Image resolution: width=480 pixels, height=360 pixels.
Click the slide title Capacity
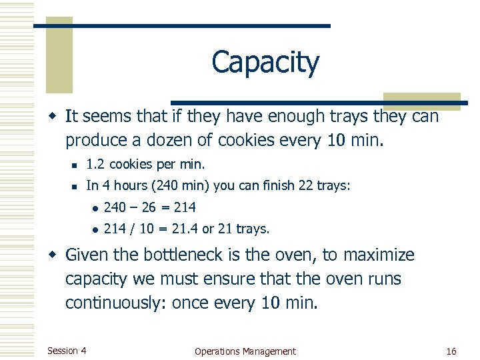(x=265, y=63)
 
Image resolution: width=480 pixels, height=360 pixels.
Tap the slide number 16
(x=451, y=351)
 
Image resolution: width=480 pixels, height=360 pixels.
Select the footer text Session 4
(x=67, y=351)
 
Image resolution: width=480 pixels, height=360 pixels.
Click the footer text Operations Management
(x=245, y=351)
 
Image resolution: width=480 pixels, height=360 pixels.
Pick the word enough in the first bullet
(x=293, y=117)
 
